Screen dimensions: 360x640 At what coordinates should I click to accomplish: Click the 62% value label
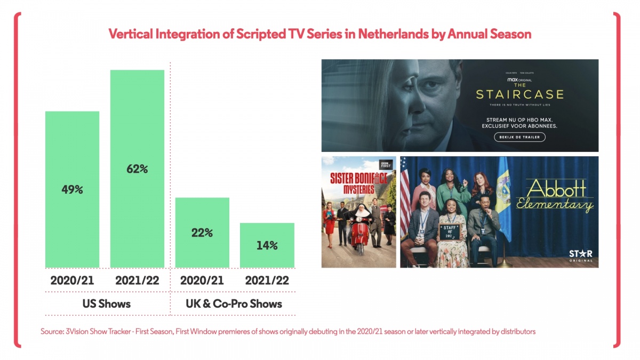(x=137, y=169)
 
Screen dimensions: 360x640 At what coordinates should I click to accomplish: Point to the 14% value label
(x=267, y=245)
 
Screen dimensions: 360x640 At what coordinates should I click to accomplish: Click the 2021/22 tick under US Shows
(x=137, y=281)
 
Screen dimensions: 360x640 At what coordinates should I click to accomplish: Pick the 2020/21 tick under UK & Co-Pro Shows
(x=202, y=281)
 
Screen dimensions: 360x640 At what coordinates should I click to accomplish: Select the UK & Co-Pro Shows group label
(x=235, y=303)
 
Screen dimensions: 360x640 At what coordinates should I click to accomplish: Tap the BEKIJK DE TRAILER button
(x=519, y=137)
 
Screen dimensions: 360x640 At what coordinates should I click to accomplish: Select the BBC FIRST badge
(x=385, y=165)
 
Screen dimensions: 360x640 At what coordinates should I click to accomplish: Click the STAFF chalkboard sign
(x=449, y=231)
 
